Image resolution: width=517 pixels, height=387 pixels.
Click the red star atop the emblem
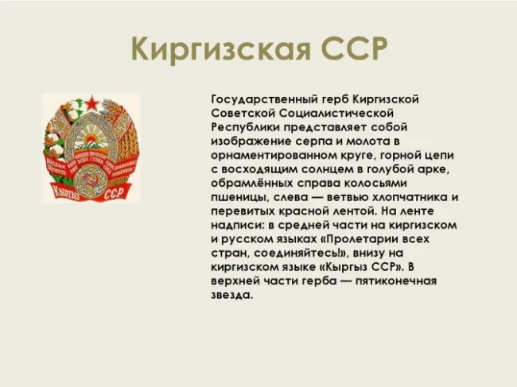92,103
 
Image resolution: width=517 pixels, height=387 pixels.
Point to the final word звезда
231,296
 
